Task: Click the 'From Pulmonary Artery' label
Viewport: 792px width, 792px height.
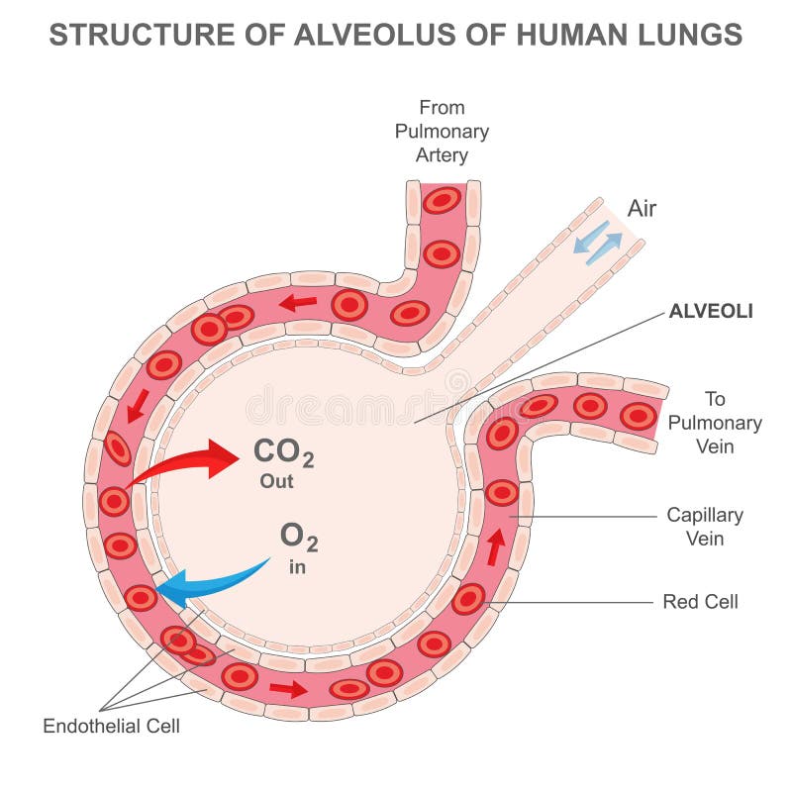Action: point(442,131)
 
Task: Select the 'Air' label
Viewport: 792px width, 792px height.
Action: point(642,209)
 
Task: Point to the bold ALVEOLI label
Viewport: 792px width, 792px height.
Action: point(711,311)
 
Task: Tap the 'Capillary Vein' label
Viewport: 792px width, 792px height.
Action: point(704,527)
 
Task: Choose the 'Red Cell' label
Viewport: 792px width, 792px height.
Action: point(701,601)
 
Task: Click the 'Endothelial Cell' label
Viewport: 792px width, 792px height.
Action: point(112,726)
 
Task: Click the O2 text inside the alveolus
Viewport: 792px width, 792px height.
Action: point(299,537)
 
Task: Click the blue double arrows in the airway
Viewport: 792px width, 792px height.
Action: point(597,242)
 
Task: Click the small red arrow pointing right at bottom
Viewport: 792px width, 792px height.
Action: point(288,688)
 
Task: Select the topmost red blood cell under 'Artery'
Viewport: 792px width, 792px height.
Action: point(442,200)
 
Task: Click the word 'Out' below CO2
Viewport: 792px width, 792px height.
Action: point(277,482)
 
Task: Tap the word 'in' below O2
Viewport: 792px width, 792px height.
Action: point(298,568)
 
